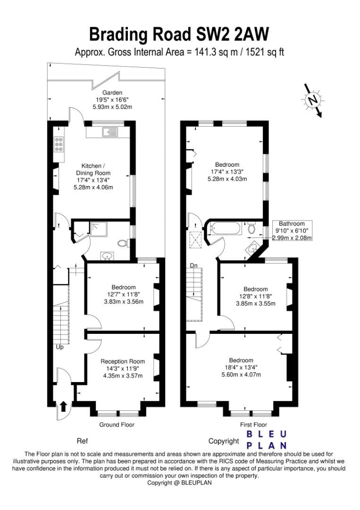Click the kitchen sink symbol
(x=110, y=132)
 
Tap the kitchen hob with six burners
(x=59, y=144)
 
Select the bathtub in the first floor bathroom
(x=226, y=228)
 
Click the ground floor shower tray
(x=99, y=229)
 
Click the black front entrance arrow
(x=63, y=406)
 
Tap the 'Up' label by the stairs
(x=60, y=348)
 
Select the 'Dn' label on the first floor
(x=193, y=266)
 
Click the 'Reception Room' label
(x=123, y=361)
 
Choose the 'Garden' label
(x=112, y=93)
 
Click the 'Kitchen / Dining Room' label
(x=93, y=170)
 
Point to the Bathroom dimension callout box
(x=292, y=230)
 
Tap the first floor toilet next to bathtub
(x=251, y=227)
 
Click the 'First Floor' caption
(x=253, y=425)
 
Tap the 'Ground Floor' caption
(x=117, y=425)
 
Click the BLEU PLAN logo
(x=267, y=440)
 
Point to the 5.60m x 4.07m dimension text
(x=241, y=374)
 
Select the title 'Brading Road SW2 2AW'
(x=179, y=34)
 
